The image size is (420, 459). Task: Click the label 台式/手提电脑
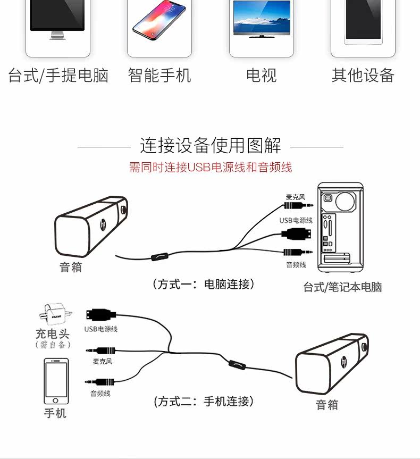[58, 76]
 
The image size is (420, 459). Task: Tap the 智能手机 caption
[159, 76]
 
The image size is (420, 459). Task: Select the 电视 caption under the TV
[261, 76]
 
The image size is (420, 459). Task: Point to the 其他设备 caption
[363, 76]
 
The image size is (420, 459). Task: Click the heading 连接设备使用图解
[210, 145]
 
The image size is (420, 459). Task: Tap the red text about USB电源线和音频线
[210, 168]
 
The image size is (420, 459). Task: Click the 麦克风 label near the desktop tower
[296, 197]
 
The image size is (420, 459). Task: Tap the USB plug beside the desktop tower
[298, 233]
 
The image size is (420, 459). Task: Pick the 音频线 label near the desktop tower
[296, 264]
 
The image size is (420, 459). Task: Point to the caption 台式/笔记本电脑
[342, 287]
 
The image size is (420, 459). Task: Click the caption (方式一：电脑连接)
[204, 284]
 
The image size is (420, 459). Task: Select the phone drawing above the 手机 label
[56, 381]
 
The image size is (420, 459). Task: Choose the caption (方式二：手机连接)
[204, 401]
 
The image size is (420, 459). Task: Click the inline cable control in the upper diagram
[158, 256]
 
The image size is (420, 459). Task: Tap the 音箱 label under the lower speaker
[327, 405]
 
